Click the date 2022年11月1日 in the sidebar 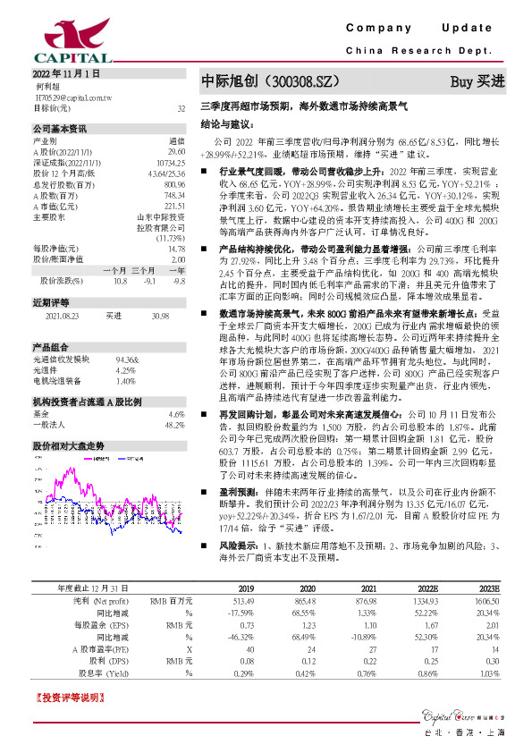66,73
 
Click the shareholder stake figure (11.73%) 170,237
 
